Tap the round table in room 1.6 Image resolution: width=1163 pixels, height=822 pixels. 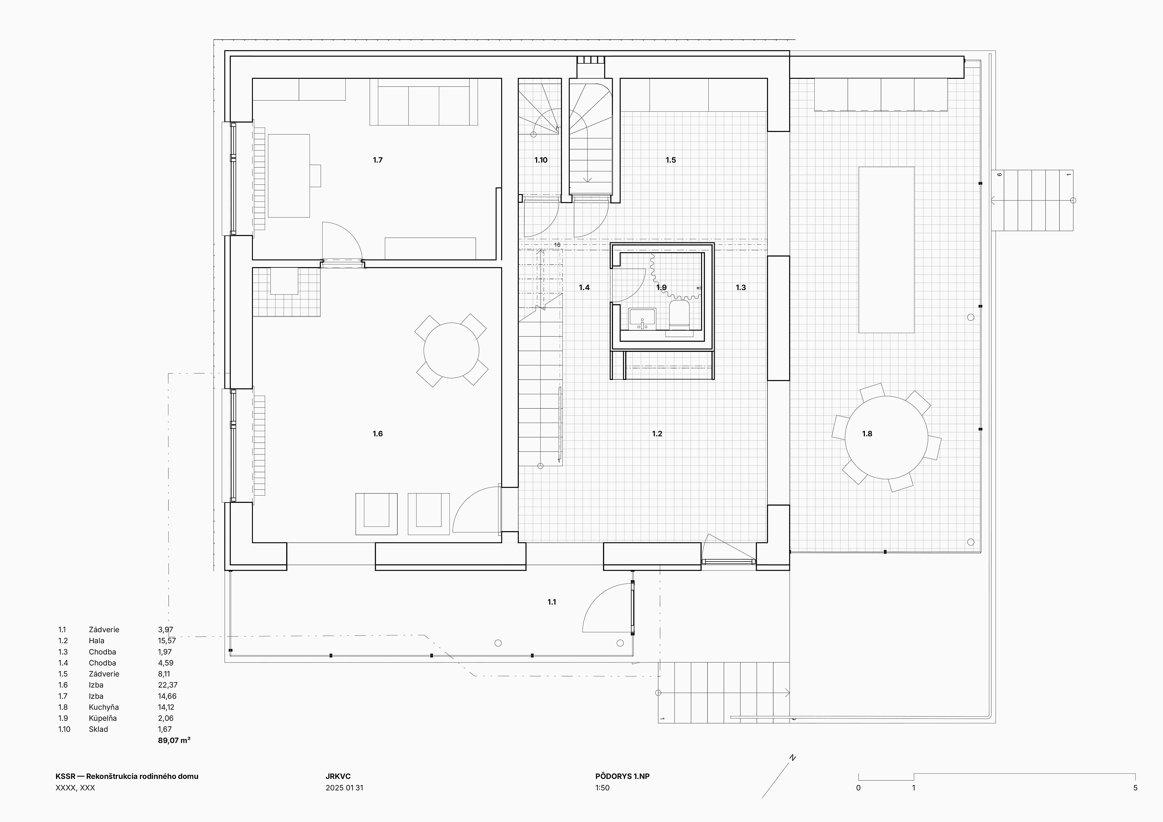click(x=451, y=351)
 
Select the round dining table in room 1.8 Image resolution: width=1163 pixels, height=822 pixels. click(x=886, y=437)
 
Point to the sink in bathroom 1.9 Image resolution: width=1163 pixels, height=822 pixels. click(x=642, y=319)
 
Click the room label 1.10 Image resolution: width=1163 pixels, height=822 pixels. click(x=541, y=160)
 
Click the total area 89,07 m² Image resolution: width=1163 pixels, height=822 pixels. click(x=174, y=741)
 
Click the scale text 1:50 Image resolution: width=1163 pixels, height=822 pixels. click(x=603, y=787)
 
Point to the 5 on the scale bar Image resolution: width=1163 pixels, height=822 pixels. click(x=1135, y=787)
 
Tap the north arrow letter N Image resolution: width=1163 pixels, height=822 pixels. click(x=793, y=758)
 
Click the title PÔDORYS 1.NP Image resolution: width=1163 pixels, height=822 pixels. click(x=622, y=776)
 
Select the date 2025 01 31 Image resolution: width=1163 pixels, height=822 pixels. click(x=344, y=787)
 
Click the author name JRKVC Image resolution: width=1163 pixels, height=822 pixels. click(x=338, y=776)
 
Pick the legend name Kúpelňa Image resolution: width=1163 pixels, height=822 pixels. click(x=103, y=718)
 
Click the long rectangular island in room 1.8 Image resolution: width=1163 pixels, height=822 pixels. click(x=886, y=250)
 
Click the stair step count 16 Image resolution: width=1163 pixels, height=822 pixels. click(x=557, y=245)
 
